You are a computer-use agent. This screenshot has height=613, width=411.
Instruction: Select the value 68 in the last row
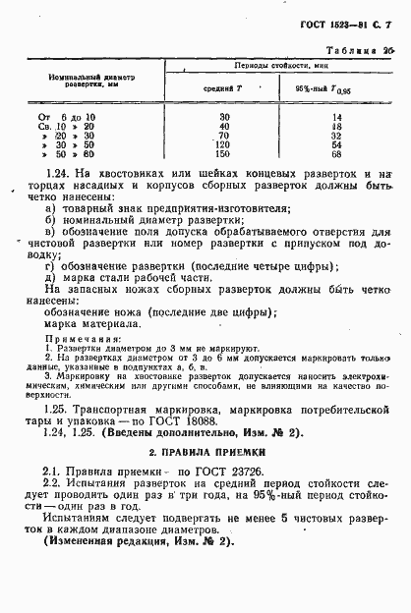(336, 154)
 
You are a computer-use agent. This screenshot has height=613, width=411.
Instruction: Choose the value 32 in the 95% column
(336, 135)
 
